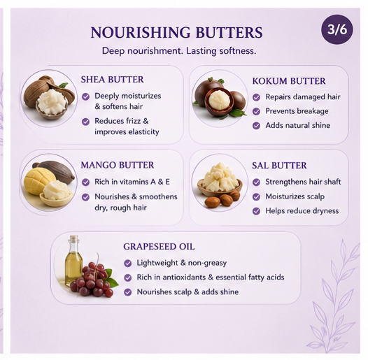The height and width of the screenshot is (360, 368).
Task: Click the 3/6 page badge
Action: (337, 29)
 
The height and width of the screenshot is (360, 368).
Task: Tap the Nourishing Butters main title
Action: (176, 32)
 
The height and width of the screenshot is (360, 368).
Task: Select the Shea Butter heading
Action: (112, 80)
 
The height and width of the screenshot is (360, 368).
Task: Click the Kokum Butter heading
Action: (289, 81)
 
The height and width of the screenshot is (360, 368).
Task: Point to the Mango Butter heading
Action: (118, 165)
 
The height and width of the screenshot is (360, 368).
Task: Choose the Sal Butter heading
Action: (279, 166)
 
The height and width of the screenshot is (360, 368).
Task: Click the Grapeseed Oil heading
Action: (159, 247)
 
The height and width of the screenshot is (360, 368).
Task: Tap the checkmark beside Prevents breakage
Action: (256, 111)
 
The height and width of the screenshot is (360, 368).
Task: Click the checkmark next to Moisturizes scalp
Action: (256, 196)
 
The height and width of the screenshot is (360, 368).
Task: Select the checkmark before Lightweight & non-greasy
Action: (127, 264)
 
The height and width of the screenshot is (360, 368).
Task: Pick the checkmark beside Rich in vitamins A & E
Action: (85, 182)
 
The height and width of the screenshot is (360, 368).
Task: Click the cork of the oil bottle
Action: (73, 239)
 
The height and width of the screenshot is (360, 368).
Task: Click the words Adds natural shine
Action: (297, 125)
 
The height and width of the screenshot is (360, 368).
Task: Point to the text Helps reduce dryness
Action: (302, 211)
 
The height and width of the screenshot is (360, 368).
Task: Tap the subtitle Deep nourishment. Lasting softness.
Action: (179, 51)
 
